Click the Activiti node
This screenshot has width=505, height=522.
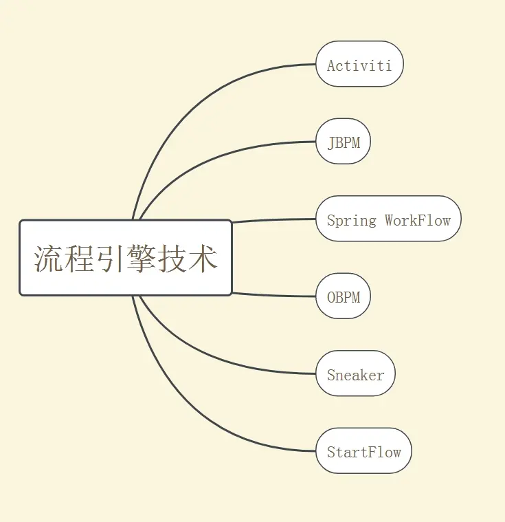pyautogui.click(x=359, y=65)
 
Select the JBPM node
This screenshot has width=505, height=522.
pyautogui.click(x=343, y=142)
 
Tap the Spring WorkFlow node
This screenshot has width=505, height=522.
pyautogui.click(x=388, y=219)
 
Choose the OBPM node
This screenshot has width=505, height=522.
pyautogui.click(x=343, y=296)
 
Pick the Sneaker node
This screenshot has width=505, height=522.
pyautogui.click(x=355, y=374)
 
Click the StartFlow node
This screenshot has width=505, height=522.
pyautogui.click(x=363, y=451)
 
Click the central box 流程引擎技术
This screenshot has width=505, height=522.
pyautogui.click(x=126, y=258)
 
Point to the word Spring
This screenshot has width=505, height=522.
pyautogui.click(x=352, y=221)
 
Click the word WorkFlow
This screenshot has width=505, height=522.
pyautogui.click(x=418, y=220)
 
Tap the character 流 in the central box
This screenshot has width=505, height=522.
pyautogui.click(x=49, y=259)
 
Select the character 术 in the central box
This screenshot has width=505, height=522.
pyautogui.click(x=203, y=259)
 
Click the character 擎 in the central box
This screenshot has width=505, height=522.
pyautogui.click(x=142, y=259)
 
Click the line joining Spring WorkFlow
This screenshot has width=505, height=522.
pyautogui.click(x=275, y=220)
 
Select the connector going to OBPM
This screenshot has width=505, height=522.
pyautogui.click(x=275, y=296)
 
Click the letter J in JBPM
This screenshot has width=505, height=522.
pyautogui.click(x=331, y=142)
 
